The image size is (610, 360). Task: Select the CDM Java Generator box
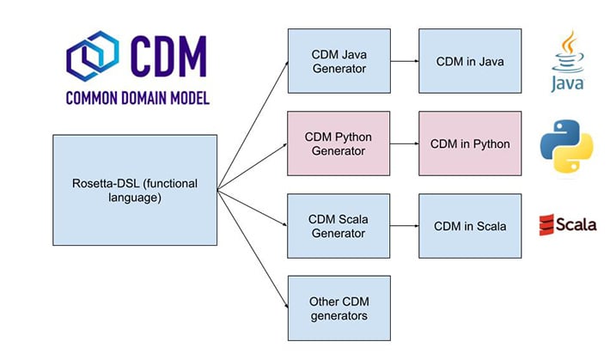pyautogui.click(x=339, y=60)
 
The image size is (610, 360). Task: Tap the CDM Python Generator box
pyautogui.click(x=339, y=143)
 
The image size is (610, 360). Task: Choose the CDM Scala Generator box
pyautogui.click(x=339, y=226)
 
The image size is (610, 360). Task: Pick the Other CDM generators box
pyautogui.click(x=339, y=308)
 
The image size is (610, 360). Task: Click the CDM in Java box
pyautogui.click(x=469, y=60)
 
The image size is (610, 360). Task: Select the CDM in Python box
pyautogui.click(x=469, y=143)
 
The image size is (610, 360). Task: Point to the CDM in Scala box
pyautogui.click(x=469, y=226)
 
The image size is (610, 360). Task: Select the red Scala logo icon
pyautogui.click(x=545, y=226)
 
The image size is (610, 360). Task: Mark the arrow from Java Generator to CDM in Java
pyautogui.click(x=404, y=60)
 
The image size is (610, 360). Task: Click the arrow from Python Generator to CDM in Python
pyautogui.click(x=404, y=143)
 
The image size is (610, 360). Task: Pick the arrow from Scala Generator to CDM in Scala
pyautogui.click(x=404, y=226)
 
